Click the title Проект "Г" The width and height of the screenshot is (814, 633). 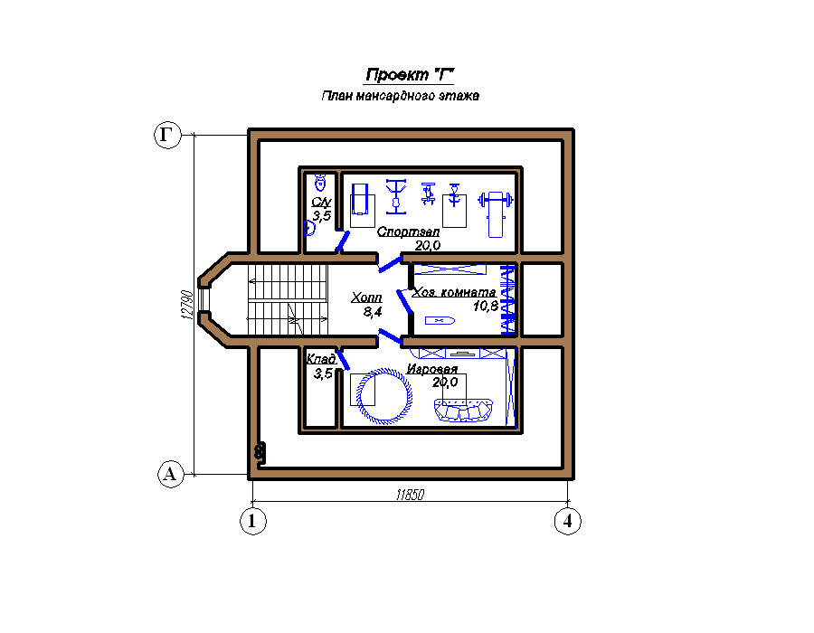tap(409, 75)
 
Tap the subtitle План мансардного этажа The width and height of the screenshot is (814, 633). tap(401, 96)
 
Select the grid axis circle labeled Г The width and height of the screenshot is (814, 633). tap(167, 135)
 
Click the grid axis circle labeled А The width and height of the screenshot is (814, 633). tap(171, 474)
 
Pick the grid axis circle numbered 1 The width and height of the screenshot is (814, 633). tap(253, 520)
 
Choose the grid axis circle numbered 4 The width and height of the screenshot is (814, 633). tap(568, 520)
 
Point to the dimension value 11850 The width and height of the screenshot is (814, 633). tap(410, 495)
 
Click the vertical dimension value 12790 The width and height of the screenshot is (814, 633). tap(187, 305)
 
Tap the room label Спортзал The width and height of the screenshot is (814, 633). tap(408, 231)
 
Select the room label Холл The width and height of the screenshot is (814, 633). tap(366, 298)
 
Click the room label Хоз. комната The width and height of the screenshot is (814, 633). tap(454, 293)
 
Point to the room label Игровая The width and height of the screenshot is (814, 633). tap(432, 369)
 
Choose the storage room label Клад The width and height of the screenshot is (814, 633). tap(321, 358)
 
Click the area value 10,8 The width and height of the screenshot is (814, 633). tap(486, 307)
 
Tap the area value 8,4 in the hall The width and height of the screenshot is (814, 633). tap(373, 312)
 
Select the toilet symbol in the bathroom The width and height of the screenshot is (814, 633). tap(320, 182)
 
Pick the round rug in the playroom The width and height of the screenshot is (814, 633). tap(383, 395)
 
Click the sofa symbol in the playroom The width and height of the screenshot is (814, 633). tap(463, 410)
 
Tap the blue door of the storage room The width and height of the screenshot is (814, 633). tap(343, 360)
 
